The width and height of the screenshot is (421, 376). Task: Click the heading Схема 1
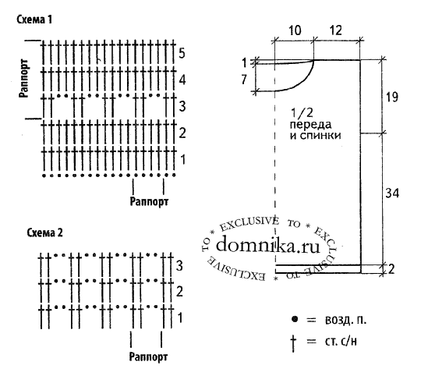coord(34,20)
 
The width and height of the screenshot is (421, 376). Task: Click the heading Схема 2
coord(44,232)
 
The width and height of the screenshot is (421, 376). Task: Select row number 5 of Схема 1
coord(182,53)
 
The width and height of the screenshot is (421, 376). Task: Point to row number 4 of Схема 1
coord(182,80)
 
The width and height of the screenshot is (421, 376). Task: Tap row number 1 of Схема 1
coord(182,160)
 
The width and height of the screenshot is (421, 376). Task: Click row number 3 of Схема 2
coord(179,265)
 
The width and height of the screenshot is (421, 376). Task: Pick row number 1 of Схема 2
coord(180,317)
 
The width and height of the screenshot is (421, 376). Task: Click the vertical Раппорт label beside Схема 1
coord(23,78)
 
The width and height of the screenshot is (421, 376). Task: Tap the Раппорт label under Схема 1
coord(149,201)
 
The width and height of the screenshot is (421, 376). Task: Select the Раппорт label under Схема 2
coord(148,357)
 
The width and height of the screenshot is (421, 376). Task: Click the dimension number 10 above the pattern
coord(295,30)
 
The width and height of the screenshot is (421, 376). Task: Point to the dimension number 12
coord(335,30)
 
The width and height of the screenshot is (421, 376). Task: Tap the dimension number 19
coord(391,97)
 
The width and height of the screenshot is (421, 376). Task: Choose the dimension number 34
coord(392,193)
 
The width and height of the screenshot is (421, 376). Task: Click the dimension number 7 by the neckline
coord(244,80)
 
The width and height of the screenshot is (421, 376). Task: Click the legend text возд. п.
coord(346,320)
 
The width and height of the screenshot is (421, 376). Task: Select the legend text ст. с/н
coord(341,341)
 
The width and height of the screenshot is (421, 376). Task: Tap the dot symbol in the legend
coord(295,319)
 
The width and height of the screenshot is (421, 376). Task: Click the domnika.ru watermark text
coord(268,245)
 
